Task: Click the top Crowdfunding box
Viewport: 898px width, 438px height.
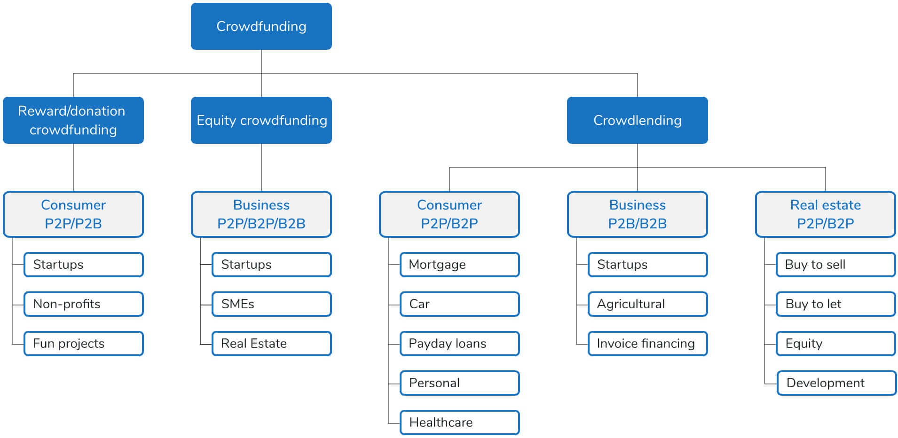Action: tap(261, 26)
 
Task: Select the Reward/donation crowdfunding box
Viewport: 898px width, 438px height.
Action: tap(73, 120)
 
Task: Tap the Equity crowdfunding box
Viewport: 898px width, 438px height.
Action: tap(261, 120)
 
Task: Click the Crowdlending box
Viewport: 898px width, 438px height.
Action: tap(637, 120)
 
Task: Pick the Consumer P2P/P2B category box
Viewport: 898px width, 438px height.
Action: tap(73, 214)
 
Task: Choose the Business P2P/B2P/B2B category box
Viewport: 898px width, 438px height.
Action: tap(261, 214)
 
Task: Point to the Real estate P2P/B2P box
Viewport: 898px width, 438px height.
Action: tap(825, 214)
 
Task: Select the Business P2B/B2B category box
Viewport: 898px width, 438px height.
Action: tap(637, 214)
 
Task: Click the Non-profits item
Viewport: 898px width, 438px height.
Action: tap(83, 304)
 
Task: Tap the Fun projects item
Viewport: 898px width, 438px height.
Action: tap(83, 344)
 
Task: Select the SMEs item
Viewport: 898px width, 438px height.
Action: tap(271, 304)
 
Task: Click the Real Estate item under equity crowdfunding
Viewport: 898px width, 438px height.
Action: tap(271, 344)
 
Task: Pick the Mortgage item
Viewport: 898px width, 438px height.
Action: tap(459, 265)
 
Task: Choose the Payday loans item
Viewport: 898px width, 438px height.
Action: tap(459, 344)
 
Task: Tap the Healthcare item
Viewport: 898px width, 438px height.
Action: tap(459, 422)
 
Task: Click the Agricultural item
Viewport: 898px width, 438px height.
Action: tap(647, 304)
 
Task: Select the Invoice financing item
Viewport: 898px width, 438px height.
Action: tap(647, 344)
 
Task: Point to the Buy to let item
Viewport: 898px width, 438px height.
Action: tap(835, 304)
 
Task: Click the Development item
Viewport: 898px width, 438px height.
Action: tap(836, 383)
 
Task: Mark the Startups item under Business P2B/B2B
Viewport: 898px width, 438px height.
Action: tap(647, 265)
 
